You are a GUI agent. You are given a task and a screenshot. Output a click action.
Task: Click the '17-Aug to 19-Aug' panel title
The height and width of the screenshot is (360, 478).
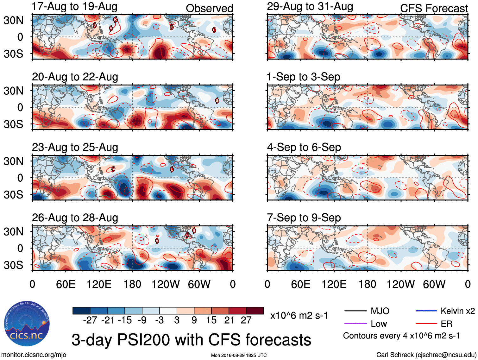pyautogui.click(x=74, y=6)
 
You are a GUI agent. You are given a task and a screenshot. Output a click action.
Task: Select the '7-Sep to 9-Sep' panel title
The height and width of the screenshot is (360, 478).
pyautogui.click(x=304, y=218)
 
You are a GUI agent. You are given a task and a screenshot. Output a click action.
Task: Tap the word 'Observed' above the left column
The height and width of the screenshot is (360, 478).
pyautogui.click(x=209, y=9)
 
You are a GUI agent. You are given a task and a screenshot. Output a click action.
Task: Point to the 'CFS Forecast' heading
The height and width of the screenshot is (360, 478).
pyautogui.click(x=434, y=9)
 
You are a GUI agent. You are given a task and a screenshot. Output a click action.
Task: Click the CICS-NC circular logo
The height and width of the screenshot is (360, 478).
pyautogui.click(x=27, y=324)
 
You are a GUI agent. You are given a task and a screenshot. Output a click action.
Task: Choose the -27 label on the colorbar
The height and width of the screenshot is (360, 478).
pyautogui.click(x=90, y=320)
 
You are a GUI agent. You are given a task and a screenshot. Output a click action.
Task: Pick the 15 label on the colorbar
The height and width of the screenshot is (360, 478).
pyautogui.click(x=211, y=320)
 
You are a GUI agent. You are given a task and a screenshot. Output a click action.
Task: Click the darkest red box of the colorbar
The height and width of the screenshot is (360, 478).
pyautogui.click(x=255, y=311)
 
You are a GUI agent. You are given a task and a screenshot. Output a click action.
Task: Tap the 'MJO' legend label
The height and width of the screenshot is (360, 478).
pyautogui.click(x=380, y=311)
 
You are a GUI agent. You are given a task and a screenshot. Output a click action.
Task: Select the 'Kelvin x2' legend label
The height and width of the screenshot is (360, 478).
pyautogui.click(x=457, y=311)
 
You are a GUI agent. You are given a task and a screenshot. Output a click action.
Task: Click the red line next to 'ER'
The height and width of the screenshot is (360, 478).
pyautogui.click(x=426, y=324)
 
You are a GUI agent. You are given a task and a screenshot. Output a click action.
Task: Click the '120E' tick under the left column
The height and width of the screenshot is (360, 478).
pyautogui.click(x=99, y=284)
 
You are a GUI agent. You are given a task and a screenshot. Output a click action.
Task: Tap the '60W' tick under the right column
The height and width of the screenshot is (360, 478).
pyautogui.click(x=434, y=284)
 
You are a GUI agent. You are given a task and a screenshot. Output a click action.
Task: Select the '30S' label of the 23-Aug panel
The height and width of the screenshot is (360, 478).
pyautogui.click(x=13, y=194)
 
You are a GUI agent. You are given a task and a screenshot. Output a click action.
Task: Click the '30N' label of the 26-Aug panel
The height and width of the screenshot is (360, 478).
pyautogui.click(x=13, y=231)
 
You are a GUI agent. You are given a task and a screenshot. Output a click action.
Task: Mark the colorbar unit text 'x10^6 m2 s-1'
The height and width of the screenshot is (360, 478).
pyautogui.click(x=299, y=316)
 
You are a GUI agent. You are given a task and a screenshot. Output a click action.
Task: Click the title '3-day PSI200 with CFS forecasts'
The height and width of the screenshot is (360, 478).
pyautogui.click(x=191, y=340)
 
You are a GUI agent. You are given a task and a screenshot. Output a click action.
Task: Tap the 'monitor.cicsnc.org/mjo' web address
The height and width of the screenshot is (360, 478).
pyautogui.click(x=34, y=355)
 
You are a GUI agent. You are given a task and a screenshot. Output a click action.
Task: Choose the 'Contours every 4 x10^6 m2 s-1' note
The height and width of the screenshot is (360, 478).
pyautogui.click(x=401, y=336)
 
